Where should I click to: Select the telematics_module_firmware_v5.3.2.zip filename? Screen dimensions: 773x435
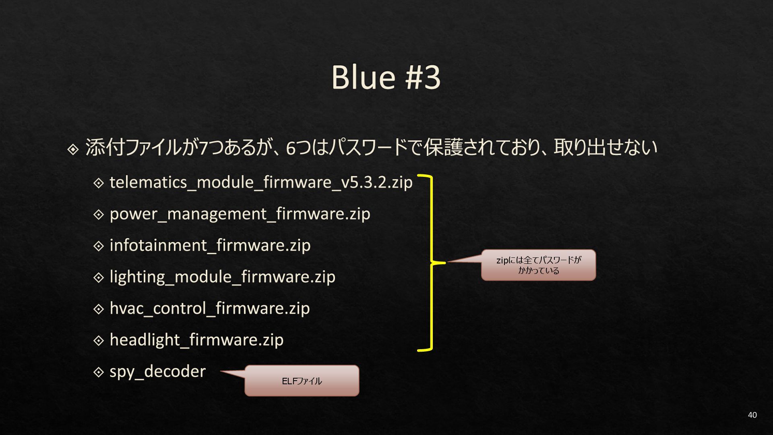(261, 182)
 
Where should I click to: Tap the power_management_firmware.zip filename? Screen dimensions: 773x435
(240, 214)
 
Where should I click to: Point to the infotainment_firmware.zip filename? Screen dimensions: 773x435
(210, 245)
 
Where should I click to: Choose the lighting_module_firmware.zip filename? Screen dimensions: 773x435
(222, 277)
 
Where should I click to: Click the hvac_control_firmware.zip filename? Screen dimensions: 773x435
(209, 308)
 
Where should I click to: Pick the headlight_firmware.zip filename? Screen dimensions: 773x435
(196, 340)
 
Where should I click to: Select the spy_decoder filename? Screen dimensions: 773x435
(157, 371)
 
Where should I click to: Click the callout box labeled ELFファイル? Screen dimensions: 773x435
(302, 381)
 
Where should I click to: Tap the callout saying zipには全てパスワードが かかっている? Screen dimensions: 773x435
(538, 265)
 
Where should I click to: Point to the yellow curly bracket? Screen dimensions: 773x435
(431, 263)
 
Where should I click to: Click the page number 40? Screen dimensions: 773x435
(752, 415)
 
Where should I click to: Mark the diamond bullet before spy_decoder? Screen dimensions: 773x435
(99, 372)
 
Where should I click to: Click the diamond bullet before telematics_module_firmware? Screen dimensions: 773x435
(99, 183)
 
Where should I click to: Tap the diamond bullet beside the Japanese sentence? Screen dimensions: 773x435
(73, 150)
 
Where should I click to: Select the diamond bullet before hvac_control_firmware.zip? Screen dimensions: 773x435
(99, 309)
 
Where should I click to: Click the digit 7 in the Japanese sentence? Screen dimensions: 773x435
(204, 148)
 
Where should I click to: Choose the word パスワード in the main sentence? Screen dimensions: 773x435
(368, 147)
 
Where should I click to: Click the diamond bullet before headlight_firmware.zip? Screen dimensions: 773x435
(99, 340)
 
